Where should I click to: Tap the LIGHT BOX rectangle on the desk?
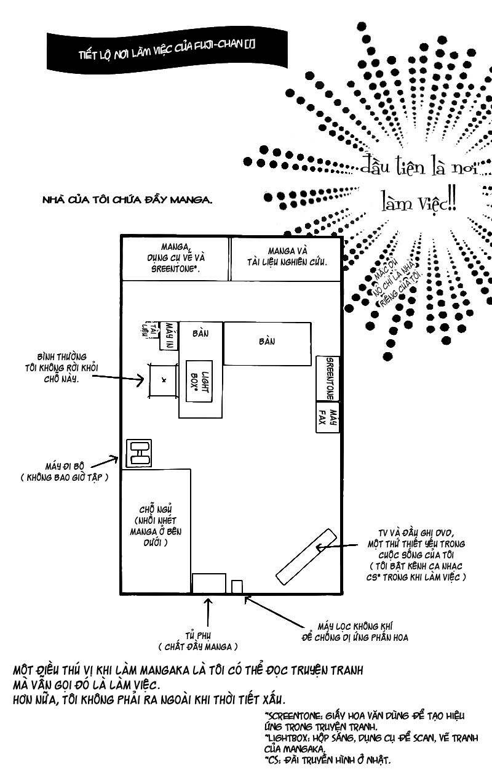coord(199,380)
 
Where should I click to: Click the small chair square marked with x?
coord(163,380)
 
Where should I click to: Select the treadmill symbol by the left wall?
coord(139,453)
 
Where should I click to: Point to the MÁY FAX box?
coord(328,419)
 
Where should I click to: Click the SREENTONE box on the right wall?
coord(328,378)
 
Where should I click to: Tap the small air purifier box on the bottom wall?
coord(237,586)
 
